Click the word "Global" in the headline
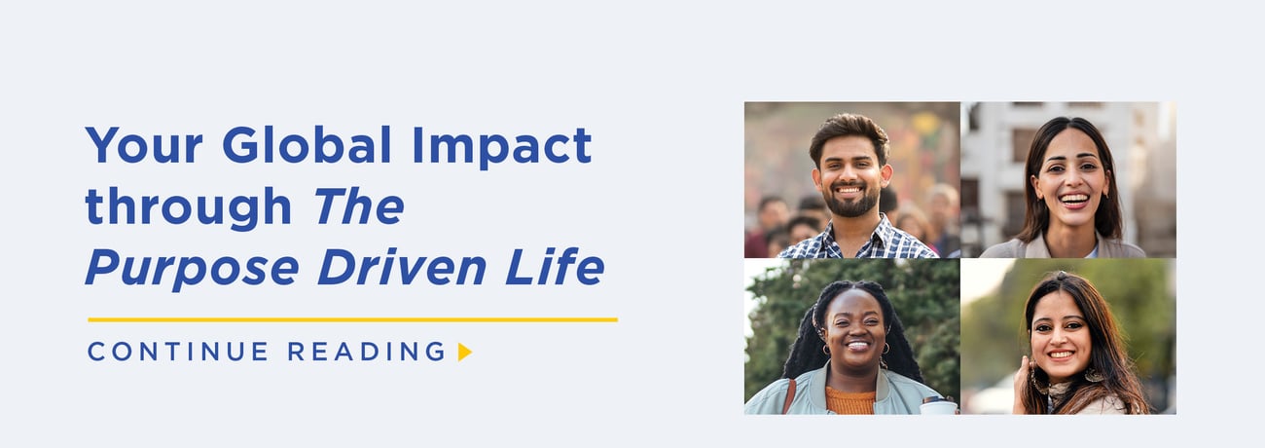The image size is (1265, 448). pos(307,146)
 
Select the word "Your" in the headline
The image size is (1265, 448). pos(144,146)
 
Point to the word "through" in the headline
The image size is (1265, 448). pos(189,207)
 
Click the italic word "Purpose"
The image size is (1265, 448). pos(192,267)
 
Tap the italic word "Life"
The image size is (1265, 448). pos(562,267)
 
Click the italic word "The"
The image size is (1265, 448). pos(358,205)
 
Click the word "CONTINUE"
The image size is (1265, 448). pos(178,352)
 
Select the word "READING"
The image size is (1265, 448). pos(366,352)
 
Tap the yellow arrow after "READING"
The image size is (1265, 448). pos(464,352)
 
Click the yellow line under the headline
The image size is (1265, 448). pos(352,319)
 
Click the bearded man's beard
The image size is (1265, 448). pos(851,205)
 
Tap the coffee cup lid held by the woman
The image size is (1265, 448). pos(938,399)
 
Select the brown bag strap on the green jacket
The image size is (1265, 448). pos(789,394)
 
